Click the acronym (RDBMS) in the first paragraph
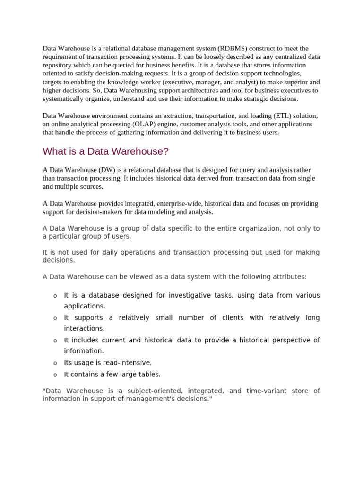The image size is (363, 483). pyautogui.click(x=233, y=48)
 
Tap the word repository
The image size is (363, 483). pyautogui.click(x=58, y=65)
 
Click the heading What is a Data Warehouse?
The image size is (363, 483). pyautogui.click(x=105, y=151)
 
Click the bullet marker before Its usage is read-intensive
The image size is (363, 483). pyautogui.click(x=55, y=363)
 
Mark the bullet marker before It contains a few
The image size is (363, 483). pyautogui.click(x=55, y=375)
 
